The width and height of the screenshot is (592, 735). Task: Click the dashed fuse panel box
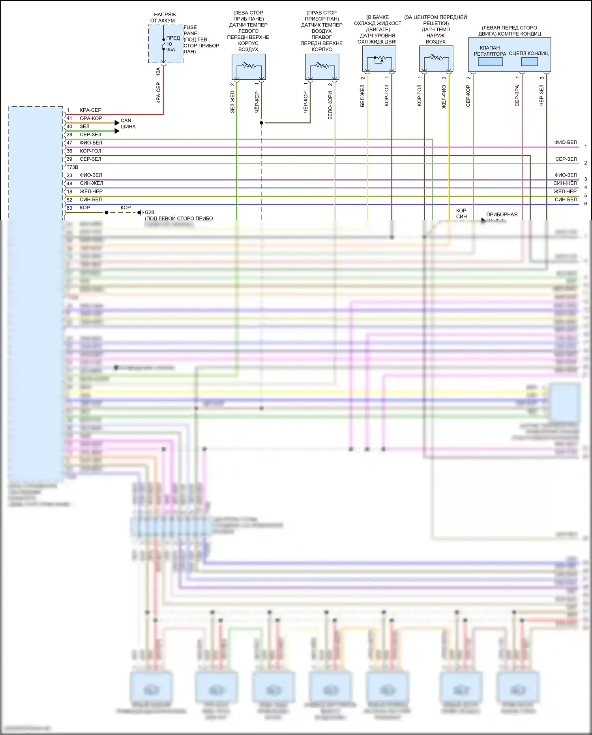click(x=166, y=44)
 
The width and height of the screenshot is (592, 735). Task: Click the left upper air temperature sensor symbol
click(x=249, y=66)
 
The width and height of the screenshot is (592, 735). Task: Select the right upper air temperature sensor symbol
click(x=322, y=66)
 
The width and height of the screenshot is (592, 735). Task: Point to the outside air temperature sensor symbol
click(x=436, y=58)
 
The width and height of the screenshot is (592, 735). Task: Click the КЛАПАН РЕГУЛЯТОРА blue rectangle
click(x=490, y=62)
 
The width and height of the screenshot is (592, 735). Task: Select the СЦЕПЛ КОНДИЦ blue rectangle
click(x=529, y=62)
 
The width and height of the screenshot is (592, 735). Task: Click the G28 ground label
click(x=149, y=212)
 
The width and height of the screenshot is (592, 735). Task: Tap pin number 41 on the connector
click(x=69, y=118)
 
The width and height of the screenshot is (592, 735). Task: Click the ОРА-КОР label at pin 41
click(x=91, y=118)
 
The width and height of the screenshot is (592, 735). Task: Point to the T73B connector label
click(x=72, y=167)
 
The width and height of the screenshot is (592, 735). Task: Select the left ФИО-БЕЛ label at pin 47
click(x=91, y=143)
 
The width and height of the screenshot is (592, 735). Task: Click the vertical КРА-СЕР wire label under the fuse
click(x=158, y=93)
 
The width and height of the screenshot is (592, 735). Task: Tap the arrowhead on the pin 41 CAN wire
click(x=117, y=123)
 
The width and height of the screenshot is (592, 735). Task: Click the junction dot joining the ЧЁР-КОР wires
click(x=261, y=123)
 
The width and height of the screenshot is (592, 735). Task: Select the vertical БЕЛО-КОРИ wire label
click(x=330, y=105)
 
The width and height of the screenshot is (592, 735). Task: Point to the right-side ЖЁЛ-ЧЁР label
click(x=565, y=191)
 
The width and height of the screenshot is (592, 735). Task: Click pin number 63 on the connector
click(x=69, y=208)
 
